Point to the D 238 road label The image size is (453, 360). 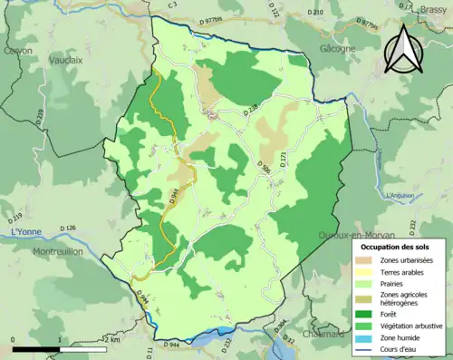(x=251, y=110)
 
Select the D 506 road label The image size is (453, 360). (x=265, y=167)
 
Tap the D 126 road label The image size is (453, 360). (x=69, y=228)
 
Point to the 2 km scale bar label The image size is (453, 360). (x=110, y=339)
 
